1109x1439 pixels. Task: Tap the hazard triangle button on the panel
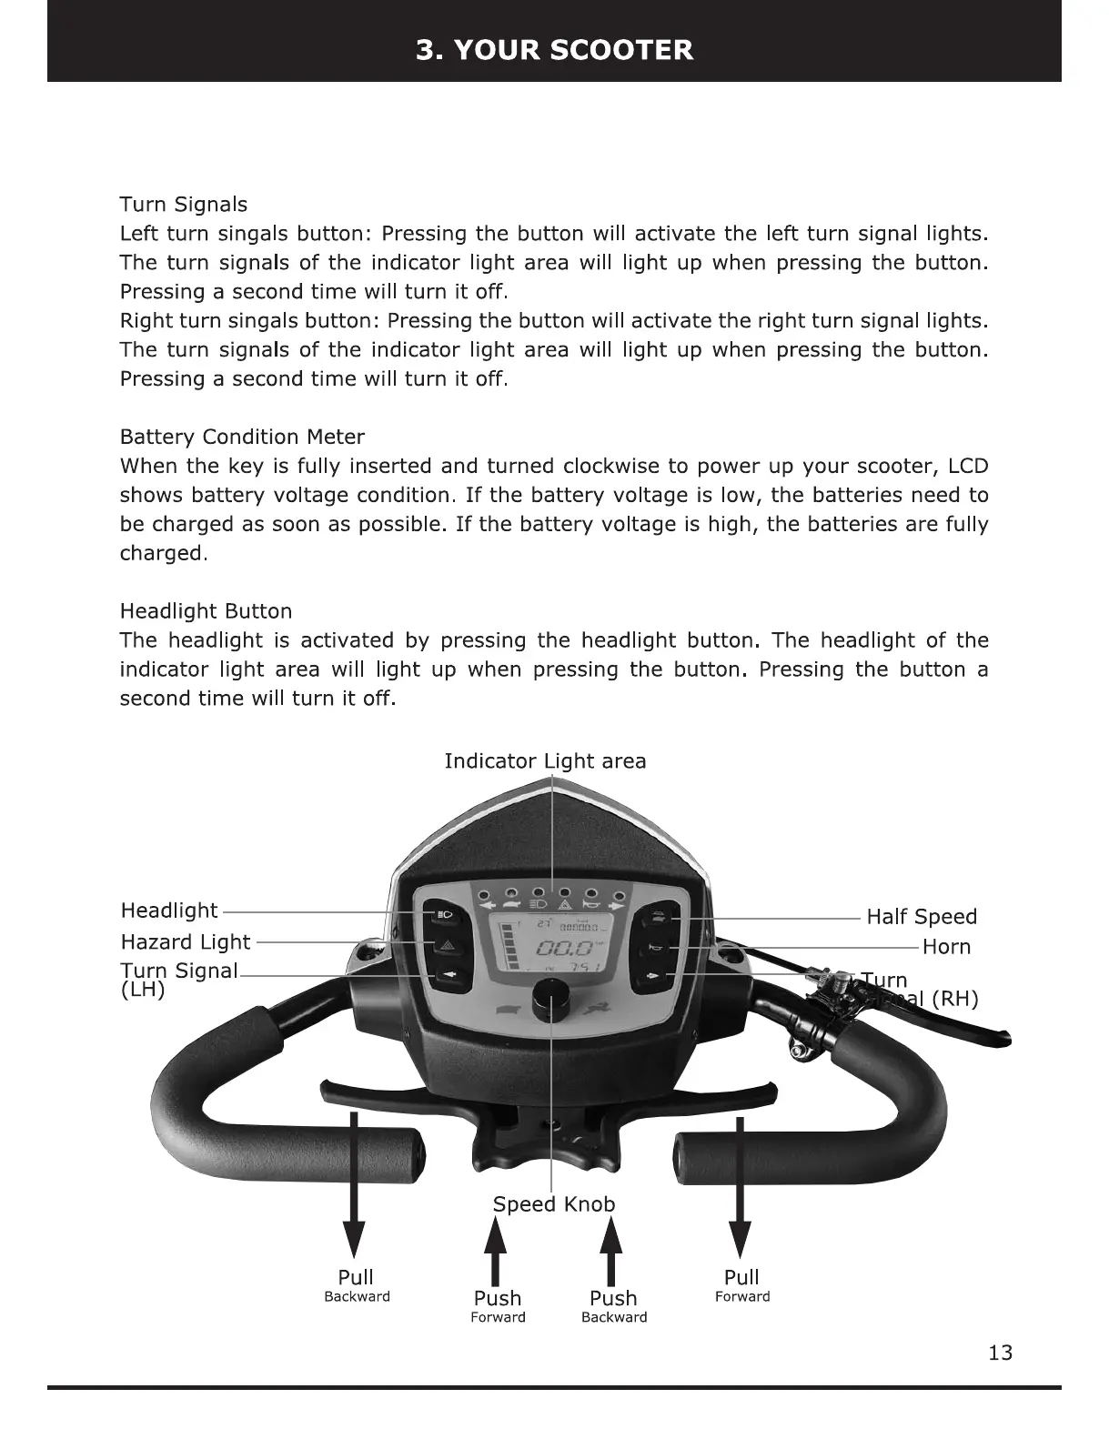[446, 945]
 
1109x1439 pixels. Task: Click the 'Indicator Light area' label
[545, 761]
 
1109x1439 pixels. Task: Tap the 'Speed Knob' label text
[553, 1204]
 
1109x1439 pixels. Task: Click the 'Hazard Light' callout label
[185, 942]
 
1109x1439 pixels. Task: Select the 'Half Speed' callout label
[921, 917]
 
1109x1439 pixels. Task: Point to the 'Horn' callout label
[946, 947]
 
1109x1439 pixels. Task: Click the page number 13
[1000, 1353]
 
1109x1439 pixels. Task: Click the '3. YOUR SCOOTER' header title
[554, 49]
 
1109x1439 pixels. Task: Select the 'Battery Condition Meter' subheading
[242, 437]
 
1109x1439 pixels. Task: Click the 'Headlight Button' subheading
[206, 611]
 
